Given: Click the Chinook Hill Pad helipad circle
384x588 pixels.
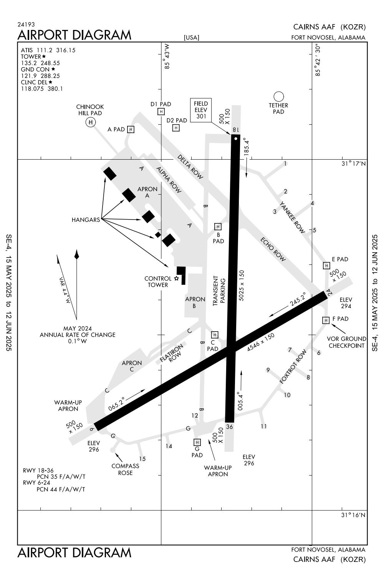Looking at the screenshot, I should tap(91, 122).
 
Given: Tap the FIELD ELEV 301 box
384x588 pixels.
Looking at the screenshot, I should tap(201, 110).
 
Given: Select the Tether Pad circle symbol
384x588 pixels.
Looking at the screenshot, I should tap(278, 96).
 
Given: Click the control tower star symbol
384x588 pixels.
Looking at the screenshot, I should tap(177, 278).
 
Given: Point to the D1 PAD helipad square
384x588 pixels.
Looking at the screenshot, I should tap(161, 111).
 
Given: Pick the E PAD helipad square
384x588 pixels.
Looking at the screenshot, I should tap(326, 265).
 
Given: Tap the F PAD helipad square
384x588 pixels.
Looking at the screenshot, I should tap(326, 320).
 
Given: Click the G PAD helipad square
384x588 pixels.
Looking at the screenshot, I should tap(197, 443).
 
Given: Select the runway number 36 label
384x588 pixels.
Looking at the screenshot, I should tap(230, 426).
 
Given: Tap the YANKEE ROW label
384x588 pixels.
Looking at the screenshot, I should tap(292, 217).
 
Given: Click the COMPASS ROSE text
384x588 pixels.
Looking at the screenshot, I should tap(125, 469).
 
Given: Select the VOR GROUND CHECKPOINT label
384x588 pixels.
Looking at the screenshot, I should tap(346, 342).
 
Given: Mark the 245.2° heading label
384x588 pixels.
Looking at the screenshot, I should tap(298, 299).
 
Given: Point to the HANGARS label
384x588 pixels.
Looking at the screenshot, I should tap(86, 220).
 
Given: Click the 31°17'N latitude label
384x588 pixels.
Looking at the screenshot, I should tap(354, 164).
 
